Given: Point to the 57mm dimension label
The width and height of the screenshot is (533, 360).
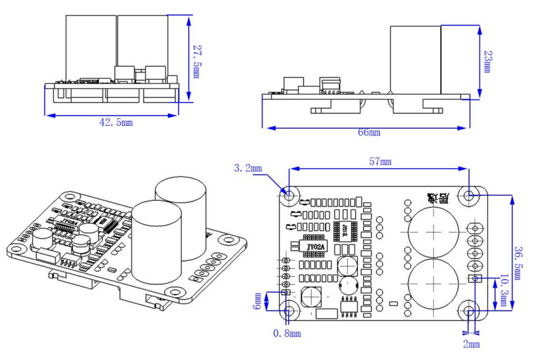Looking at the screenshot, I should (380, 162).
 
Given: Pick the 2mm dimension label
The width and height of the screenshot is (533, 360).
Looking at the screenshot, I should (471, 344).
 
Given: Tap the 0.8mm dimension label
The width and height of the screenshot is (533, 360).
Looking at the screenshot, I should (287, 333).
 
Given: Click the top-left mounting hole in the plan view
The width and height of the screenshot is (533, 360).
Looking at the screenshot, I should (289, 195).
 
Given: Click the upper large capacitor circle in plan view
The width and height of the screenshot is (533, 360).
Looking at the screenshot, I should (432, 233).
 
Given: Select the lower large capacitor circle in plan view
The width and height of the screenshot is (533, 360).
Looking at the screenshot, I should (432, 284).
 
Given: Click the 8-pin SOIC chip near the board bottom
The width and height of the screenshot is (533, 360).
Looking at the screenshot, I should (349, 306).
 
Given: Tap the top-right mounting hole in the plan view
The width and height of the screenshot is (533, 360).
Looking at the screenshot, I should (469, 195).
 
